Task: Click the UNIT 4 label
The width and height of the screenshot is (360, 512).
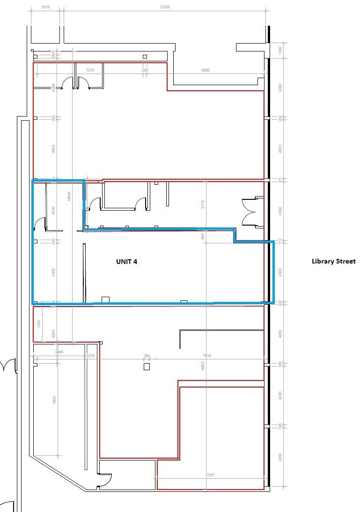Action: tap(126, 262)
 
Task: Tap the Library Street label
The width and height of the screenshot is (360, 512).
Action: tap(333, 261)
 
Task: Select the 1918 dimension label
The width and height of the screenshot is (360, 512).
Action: tap(45, 7)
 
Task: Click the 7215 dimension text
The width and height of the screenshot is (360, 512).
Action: tap(90, 70)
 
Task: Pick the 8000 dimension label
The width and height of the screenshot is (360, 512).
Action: tap(205, 70)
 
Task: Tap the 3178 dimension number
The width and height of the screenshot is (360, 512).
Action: tap(203, 205)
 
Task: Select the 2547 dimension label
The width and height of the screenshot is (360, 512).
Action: tap(39, 323)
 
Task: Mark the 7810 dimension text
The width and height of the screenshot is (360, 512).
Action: tap(207, 356)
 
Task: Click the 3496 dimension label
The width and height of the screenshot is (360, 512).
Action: tap(59, 351)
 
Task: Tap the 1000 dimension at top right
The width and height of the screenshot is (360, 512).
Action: tap(280, 50)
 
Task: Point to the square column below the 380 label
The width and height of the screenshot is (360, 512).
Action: tap(147, 367)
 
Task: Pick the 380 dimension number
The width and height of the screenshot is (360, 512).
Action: tap(147, 356)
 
